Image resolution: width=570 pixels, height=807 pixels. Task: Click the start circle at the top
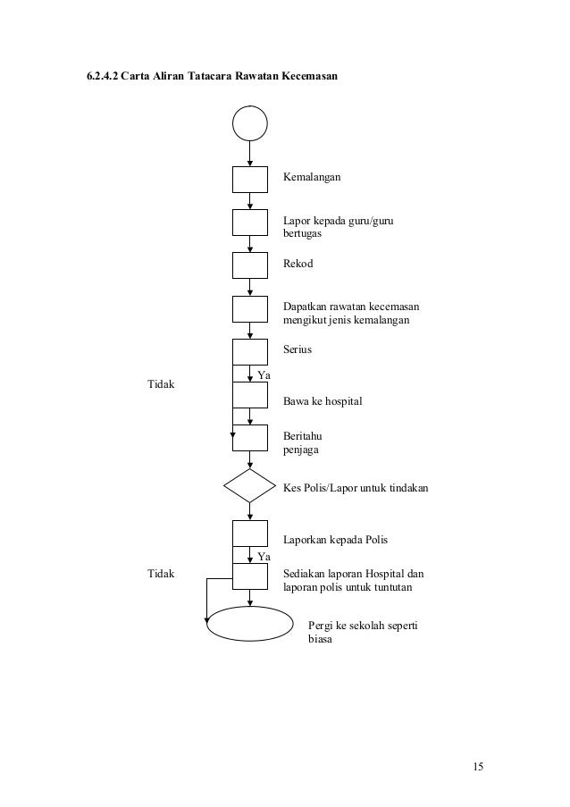250,123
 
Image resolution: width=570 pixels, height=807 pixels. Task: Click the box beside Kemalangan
250,179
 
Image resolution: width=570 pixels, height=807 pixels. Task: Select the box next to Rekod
250,265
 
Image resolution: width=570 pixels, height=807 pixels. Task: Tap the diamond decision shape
250,486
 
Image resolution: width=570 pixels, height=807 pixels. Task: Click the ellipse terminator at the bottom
250,623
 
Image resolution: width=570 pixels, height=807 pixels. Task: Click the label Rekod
298,265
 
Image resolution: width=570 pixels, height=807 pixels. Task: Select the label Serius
298,349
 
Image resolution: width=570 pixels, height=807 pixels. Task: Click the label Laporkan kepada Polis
335,541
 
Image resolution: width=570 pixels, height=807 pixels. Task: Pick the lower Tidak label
162,572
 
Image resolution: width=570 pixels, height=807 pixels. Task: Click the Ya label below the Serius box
264,374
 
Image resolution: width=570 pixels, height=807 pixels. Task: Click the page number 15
479,767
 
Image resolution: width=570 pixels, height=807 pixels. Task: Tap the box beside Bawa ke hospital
250,396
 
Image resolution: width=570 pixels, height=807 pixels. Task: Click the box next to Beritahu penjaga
250,438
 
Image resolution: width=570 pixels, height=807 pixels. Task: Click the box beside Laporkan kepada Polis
250,534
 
